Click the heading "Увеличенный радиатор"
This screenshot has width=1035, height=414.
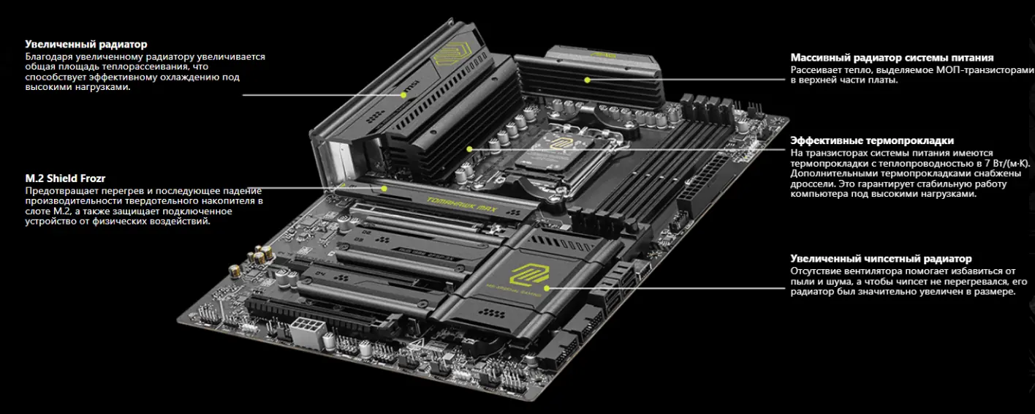tap(86, 45)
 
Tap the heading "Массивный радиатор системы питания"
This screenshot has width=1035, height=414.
tap(892, 57)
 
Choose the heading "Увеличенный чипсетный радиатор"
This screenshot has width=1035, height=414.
tap(881, 258)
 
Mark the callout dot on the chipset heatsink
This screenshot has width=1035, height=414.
tap(546, 287)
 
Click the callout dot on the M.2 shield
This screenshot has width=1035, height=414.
tap(384, 187)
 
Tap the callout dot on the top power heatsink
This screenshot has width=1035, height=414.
tap(586, 79)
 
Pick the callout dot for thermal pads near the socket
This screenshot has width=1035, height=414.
tap(469, 149)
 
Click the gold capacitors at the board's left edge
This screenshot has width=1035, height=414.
tap(259, 256)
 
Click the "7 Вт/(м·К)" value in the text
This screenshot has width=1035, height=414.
tap(1003, 163)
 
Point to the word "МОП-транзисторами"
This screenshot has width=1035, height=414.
tap(990, 69)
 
